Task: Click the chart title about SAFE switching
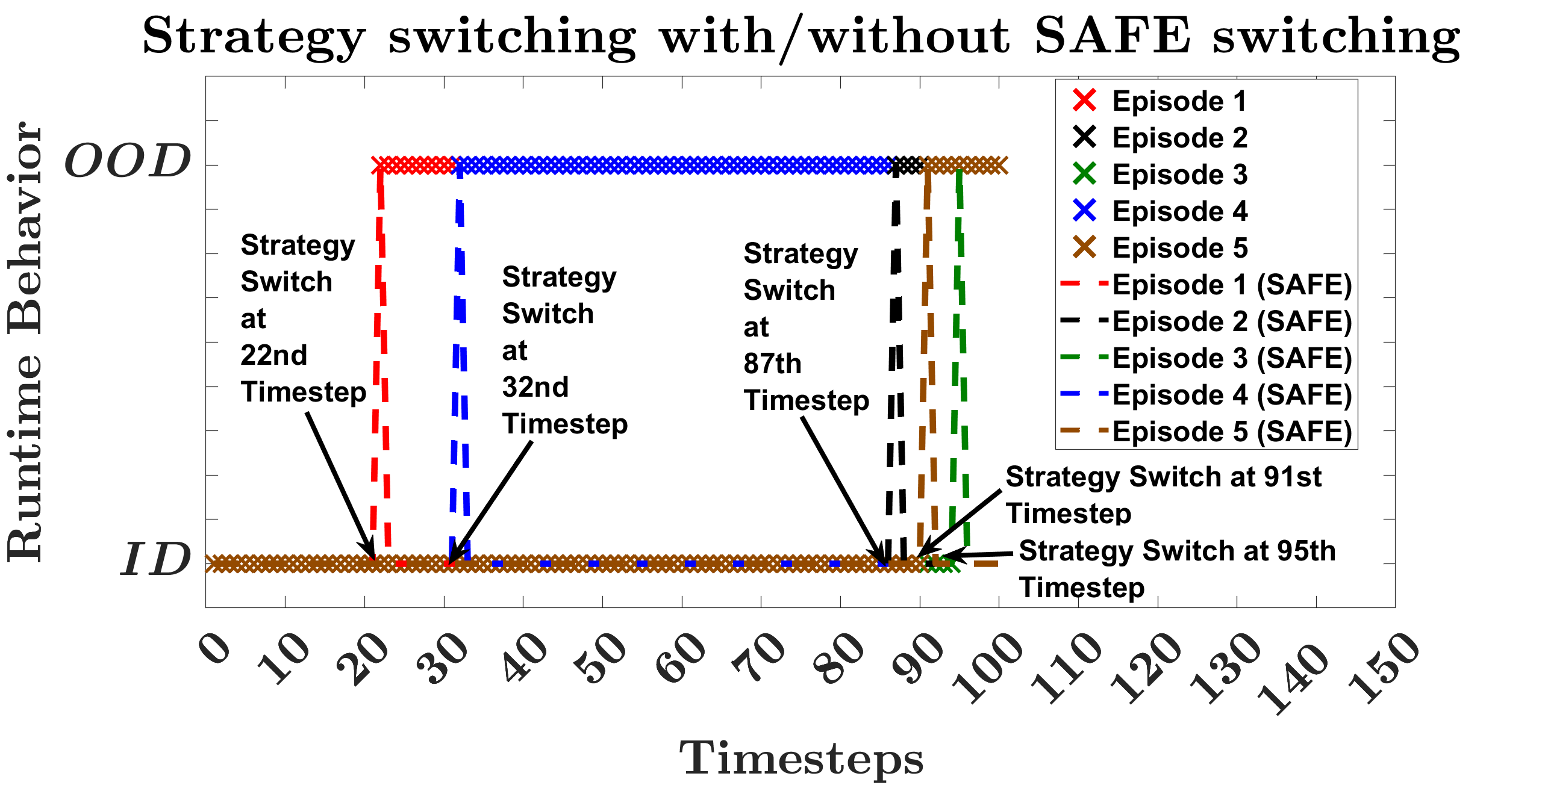801,37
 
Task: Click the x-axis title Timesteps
801,758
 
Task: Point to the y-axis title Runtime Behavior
25,342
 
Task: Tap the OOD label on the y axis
128,161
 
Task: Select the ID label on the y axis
156,559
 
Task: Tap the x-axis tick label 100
988,667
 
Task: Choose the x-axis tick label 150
1384,667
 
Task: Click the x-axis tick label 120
1146,667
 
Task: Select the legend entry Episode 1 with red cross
1160,101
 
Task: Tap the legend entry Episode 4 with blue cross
1160,211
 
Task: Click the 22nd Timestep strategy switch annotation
304,318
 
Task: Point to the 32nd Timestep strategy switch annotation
565,350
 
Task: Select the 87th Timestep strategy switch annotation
807,327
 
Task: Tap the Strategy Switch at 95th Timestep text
1177,569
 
